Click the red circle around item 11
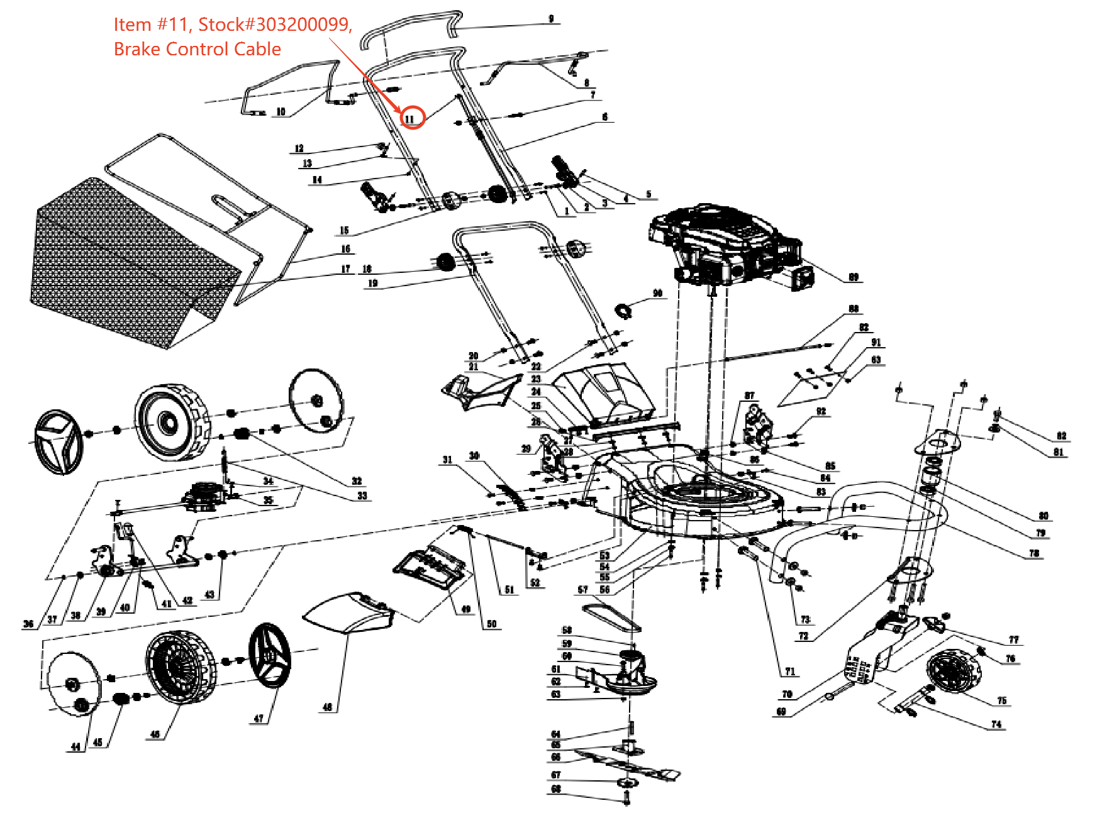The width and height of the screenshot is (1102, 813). click(x=412, y=117)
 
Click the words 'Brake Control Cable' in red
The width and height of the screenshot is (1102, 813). click(x=197, y=49)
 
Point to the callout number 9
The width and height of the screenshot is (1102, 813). click(x=551, y=19)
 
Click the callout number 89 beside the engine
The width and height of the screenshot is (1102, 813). click(x=854, y=277)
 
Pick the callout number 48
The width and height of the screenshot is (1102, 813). click(x=327, y=707)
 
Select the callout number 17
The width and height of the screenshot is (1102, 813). click(x=345, y=268)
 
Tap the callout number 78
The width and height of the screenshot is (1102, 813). click(x=1034, y=553)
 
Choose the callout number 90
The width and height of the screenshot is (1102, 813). click(x=657, y=293)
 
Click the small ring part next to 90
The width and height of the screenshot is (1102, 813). click(x=623, y=311)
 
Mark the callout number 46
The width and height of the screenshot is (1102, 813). click(x=155, y=734)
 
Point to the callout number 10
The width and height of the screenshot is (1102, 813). click(x=281, y=112)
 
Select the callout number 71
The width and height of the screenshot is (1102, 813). click(x=790, y=672)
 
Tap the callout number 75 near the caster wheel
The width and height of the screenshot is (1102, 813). click(x=1001, y=700)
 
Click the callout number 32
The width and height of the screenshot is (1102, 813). click(x=357, y=481)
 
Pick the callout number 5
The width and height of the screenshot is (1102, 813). click(x=648, y=194)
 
